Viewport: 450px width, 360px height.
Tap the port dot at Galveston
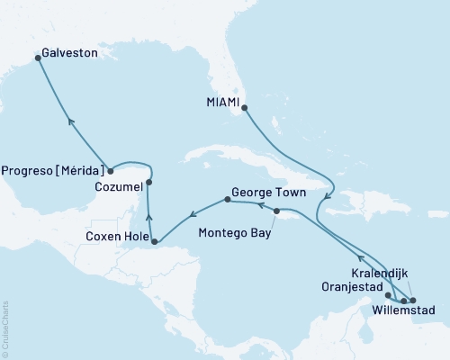click(38, 58)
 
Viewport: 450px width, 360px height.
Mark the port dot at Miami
click(245, 108)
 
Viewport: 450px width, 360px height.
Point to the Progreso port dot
click(110, 170)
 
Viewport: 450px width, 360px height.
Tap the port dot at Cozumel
click(148, 183)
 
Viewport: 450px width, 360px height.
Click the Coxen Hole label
click(117, 237)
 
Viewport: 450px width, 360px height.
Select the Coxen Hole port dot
click(156, 241)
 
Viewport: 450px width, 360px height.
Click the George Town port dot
click(227, 200)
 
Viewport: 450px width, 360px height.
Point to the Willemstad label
click(403, 311)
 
